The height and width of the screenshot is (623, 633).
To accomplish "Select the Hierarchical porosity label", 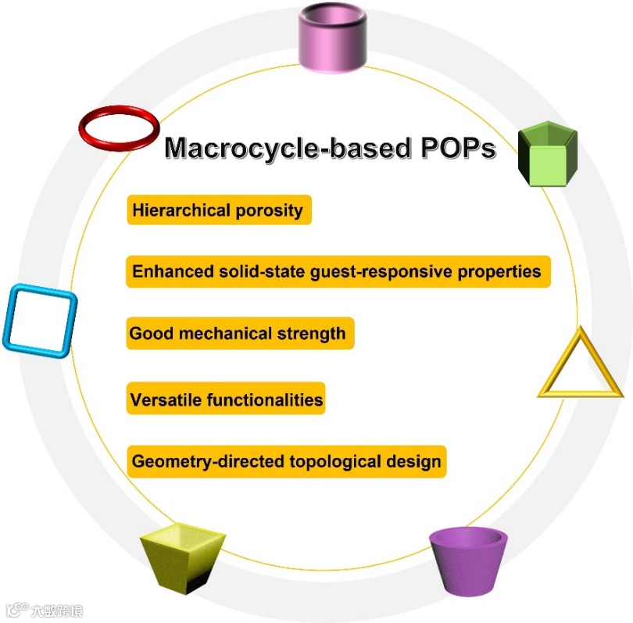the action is [218, 210].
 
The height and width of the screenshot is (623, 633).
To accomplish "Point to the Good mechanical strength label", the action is [238, 334].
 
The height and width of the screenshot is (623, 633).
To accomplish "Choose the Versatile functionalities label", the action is [226, 399].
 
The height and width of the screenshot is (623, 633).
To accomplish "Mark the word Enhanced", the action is [166, 271].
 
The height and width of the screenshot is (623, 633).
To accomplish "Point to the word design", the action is [413, 462].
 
